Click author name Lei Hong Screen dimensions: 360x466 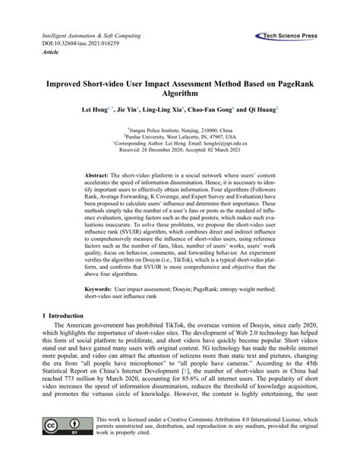(98, 109)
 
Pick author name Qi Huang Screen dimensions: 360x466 (259, 109)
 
